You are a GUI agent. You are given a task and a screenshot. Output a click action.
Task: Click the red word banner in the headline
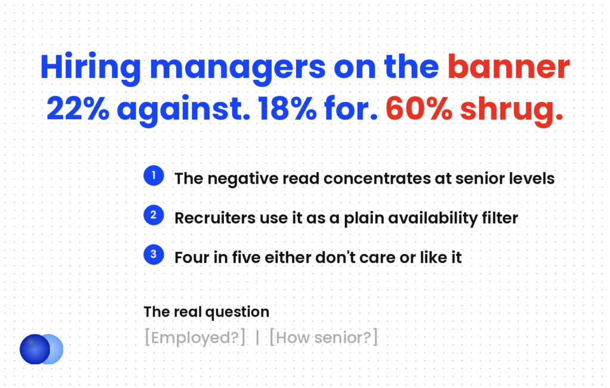pos(509,67)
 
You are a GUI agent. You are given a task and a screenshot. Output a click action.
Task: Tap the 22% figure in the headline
pos(78,108)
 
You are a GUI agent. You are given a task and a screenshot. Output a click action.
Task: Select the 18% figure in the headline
pos(287,108)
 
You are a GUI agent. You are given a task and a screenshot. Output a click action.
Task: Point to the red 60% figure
pos(419,108)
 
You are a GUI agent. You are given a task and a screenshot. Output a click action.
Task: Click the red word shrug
pos(512,110)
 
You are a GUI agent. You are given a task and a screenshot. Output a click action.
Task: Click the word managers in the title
pos(238,69)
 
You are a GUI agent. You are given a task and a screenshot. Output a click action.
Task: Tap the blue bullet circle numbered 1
pos(154,175)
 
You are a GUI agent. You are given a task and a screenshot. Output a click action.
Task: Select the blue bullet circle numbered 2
pos(154,215)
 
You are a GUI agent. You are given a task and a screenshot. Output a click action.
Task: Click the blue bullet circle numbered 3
pos(154,254)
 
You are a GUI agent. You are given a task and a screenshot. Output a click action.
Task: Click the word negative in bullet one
pos(243,179)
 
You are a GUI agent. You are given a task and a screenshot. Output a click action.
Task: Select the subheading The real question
pos(207,312)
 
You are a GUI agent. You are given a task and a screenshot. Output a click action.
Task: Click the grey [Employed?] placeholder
pos(195,337)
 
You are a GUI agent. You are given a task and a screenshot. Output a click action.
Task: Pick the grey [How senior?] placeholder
pos(323,337)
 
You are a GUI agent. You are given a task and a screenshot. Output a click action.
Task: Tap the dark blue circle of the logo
pos(35,349)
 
